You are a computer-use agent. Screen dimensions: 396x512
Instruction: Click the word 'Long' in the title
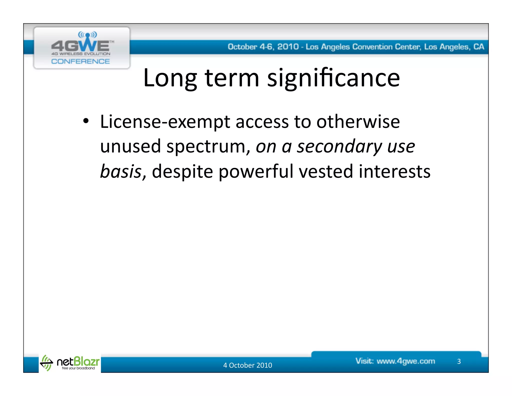170,79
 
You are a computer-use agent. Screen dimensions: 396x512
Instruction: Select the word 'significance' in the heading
333,79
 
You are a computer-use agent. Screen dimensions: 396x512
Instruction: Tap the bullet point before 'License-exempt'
86,121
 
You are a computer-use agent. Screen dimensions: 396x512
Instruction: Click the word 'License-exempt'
165,122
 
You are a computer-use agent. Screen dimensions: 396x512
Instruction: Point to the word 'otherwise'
358,122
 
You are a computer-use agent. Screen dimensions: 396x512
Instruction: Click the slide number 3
459,361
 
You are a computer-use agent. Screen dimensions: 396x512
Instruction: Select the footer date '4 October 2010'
247,365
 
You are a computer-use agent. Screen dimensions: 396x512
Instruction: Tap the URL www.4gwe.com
406,361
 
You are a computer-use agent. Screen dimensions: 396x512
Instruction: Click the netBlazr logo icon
46,362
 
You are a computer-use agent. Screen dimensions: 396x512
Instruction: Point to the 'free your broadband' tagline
78,368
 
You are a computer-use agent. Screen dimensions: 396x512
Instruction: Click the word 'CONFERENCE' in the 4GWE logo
80,61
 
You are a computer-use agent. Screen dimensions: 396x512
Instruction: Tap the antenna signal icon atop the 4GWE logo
87,35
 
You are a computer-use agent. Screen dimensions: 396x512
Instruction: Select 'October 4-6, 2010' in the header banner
263,47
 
